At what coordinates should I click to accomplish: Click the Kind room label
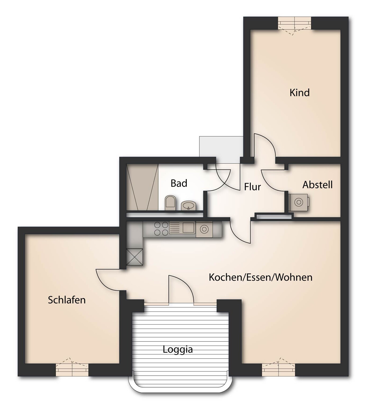(299, 93)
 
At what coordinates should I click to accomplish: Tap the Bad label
(179, 183)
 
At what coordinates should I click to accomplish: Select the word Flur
(252, 187)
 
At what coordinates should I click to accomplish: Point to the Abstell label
(317, 185)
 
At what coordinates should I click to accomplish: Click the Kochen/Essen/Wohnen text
(261, 277)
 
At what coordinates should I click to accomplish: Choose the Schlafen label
(67, 300)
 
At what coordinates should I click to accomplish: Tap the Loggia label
(178, 349)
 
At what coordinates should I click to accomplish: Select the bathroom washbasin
(188, 205)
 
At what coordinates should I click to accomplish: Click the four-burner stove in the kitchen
(161, 229)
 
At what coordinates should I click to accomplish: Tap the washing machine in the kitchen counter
(204, 229)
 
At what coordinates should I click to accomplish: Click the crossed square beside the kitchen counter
(135, 257)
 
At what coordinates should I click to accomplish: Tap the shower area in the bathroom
(142, 187)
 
